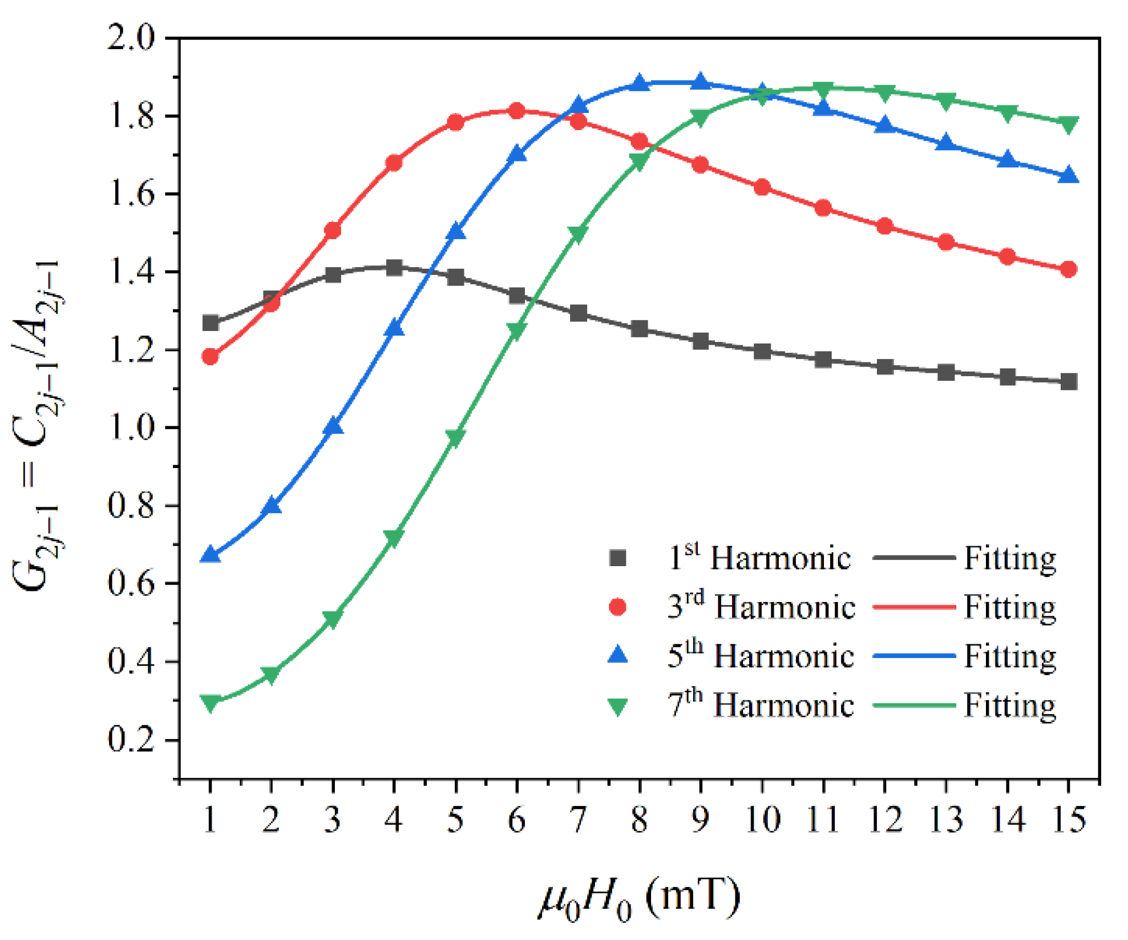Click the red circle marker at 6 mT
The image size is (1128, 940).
tap(517, 111)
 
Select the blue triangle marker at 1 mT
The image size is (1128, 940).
tap(211, 554)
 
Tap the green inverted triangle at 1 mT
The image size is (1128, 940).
tap(211, 703)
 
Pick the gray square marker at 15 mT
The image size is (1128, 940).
tap(1069, 382)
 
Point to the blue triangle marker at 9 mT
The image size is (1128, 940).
tap(701, 82)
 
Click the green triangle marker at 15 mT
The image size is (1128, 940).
tap(1069, 124)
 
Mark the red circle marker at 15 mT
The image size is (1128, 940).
tap(1069, 269)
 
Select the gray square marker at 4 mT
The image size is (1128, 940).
tap(394, 267)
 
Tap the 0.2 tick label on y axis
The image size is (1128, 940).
tap(131, 740)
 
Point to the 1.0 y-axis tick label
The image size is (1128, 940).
tap(131, 428)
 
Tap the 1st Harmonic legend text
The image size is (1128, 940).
tap(759, 558)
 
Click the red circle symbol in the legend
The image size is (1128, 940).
tap(618, 607)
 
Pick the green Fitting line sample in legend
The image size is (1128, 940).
tap(914, 705)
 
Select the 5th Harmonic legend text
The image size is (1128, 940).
tap(760, 656)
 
